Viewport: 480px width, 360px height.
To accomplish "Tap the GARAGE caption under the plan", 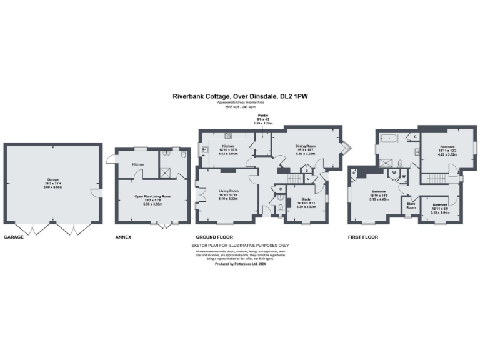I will click(x=14, y=237).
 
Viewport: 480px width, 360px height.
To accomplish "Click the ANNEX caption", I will click(x=123, y=237).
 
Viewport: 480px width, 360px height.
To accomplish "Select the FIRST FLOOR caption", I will click(x=363, y=237).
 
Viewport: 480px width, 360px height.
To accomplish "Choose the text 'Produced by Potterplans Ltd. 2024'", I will click(x=240, y=264).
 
